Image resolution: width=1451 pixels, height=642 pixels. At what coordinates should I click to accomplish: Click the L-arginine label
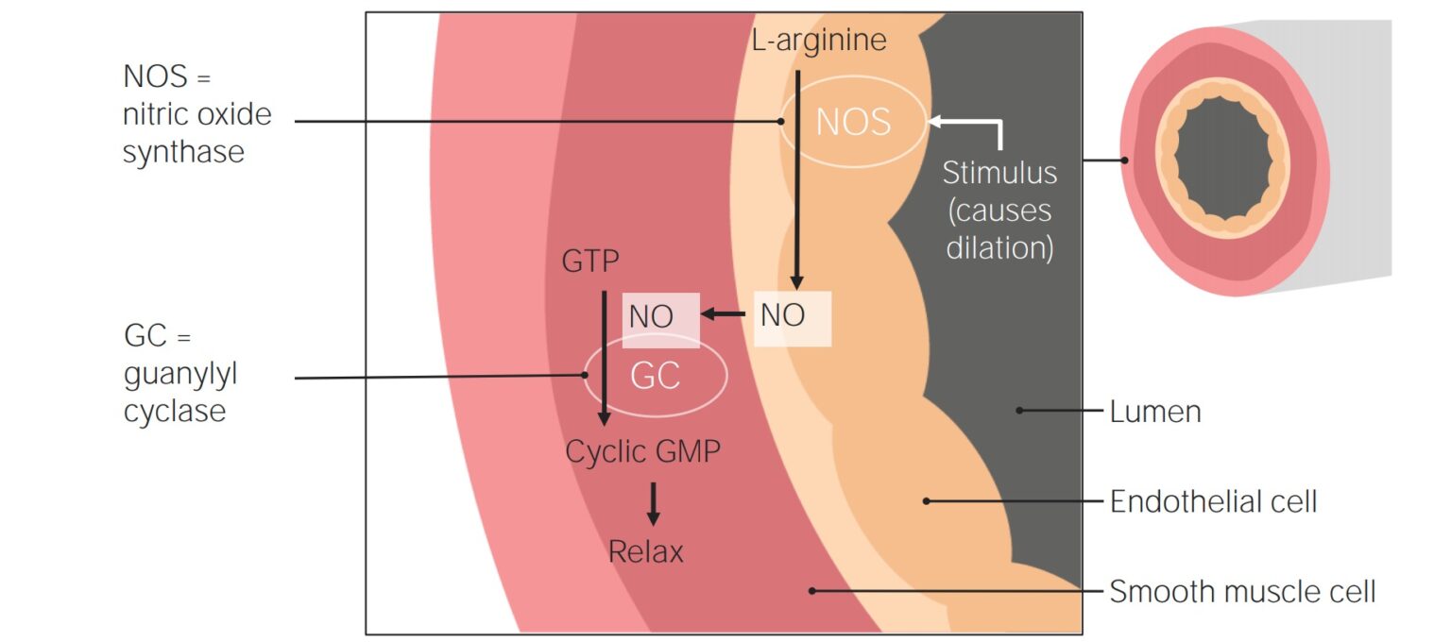(819, 41)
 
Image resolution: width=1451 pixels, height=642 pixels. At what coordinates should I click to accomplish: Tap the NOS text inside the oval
(853, 123)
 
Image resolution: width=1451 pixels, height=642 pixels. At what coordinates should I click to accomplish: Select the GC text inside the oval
(655, 376)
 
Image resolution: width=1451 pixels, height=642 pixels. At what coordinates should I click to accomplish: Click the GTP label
(590, 262)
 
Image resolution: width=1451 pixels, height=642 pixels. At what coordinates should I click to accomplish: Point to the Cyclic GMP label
(642, 451)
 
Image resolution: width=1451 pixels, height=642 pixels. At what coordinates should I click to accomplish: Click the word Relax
(645, 551)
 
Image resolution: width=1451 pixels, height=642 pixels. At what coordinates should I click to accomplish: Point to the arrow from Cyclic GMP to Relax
(653, 503)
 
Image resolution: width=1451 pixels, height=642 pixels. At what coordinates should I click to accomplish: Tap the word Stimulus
(999, 173)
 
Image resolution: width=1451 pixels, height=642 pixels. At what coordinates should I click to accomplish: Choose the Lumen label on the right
(1155, 412)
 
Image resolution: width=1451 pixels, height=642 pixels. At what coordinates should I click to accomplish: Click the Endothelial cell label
(1213, 501)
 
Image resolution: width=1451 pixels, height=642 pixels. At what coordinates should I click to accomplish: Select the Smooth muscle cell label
(1242, 592)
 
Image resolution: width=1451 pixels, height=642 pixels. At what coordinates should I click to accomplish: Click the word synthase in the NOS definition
(183, 151)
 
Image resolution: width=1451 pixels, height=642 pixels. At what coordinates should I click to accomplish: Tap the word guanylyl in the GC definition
(180, 374)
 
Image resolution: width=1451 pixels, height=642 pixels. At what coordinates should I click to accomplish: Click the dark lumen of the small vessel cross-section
(1223, 156)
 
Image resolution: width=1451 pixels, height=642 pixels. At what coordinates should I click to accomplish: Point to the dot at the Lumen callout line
(1019, 410)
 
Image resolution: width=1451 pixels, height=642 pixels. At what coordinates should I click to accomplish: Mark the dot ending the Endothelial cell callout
(927, 500)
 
